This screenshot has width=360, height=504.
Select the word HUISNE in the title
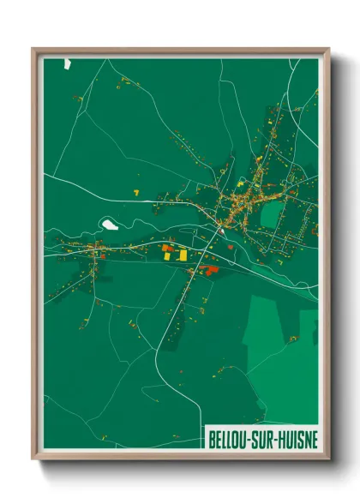pos(298,439)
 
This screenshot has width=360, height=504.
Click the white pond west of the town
pos(110,225)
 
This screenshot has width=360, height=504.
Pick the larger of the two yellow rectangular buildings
pos(183,255)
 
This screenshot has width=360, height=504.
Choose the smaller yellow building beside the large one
pos(167,249)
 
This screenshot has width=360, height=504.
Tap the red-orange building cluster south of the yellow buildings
pos(209,271)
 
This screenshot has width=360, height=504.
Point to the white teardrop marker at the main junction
pos(221,229)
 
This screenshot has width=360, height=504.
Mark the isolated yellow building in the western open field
pos(135,189)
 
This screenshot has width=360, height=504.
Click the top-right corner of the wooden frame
pos(328,50)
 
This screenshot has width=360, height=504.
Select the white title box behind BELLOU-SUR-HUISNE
pos(261,438)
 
